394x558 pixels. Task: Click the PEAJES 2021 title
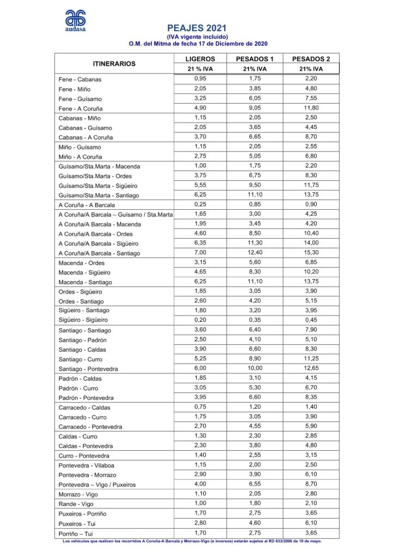click(x=197, y=27)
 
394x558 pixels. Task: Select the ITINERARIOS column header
click(x=114, y=64)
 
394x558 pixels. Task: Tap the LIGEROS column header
click(x=200, y=59)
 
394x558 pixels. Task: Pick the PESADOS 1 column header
click(x=255, y=59)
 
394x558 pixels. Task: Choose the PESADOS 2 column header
click(x=311, y=59)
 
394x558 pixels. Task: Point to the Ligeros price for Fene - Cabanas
click(x=200, y=78)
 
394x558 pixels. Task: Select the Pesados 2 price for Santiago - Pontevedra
click(x=311, y=368)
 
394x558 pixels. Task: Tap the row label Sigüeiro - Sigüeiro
click(x=83, y=320)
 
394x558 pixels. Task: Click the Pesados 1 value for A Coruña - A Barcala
click(x=255, y=204)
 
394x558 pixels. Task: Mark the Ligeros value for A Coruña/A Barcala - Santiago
click(x=200, y=252)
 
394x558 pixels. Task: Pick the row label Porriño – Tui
click(x=79, y=533)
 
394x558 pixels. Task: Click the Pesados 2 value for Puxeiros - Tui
click(x=311, y=523)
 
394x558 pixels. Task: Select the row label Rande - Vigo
click(x=77, y=504)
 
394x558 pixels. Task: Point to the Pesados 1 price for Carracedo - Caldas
click(x=255, y=406)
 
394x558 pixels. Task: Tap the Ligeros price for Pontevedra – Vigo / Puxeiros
click(x=200, y=483)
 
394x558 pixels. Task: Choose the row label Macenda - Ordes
click(x=82, y=263)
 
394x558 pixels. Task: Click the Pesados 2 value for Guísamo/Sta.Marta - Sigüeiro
click(x=311, y=185)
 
